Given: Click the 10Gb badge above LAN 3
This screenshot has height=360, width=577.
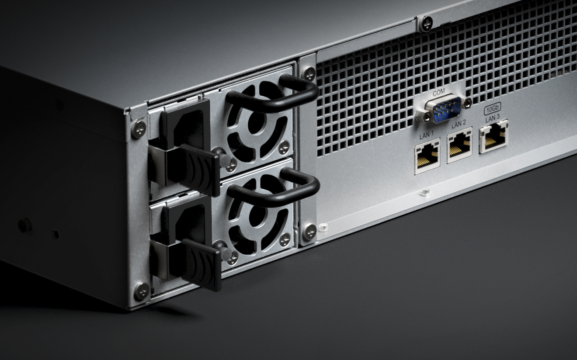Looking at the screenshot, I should tap(492, 111).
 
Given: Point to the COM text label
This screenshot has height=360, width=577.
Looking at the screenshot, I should tap(438, 92).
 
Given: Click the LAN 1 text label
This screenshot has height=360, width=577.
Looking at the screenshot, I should tap(426, 136).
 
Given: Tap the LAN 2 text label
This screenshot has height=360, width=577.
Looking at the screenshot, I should tap(459, 125).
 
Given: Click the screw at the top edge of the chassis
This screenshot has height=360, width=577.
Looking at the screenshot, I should tap(426, 23).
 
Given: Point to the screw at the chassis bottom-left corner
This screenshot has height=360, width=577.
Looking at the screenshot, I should tap(141, 291).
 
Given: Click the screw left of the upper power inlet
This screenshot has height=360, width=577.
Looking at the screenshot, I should tap(139, 129).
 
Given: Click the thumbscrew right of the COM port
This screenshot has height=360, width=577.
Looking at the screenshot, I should tap(467, 103).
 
